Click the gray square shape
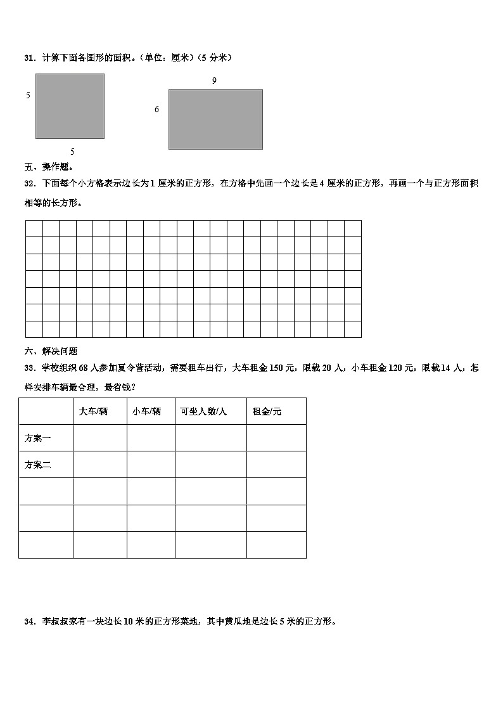pyautogui.click(x=70, y=106)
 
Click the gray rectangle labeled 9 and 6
pyautogui.click(x=215, y=119)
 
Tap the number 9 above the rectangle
pyautogui.click(x=214, y=81)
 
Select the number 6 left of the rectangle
pyautogui.click(x=157, y=110)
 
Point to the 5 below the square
pyautogui.click(x=72, y=152)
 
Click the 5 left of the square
pyautogui.click(x=28, y=96)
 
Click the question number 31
pyautogui.click(x=29, y=58)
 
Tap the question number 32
pyautogui.click(x=29, y=183)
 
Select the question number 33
pyautogui.click(x=29, y=368)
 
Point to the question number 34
pyautogui.click(x=29, y=622)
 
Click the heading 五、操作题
pyautogui.click(x=49, y=167)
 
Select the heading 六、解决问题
pyautogui.click(x=51, y=351)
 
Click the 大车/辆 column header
pyautogui.click(x=93, y=411)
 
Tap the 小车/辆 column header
pyautogui.click(x=146, y=411)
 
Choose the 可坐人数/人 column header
pyautogui.click(x=203, y=411)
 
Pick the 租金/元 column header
pyautogui.click(x=267, y=411)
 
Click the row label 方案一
pyautogui.click(x=37, y=438)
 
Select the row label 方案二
pyautogui.click(x=37, y=465)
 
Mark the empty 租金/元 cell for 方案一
pyautogui.click(x=276, y=438)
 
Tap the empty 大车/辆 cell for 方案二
pyautogui.click(x=99, y=465)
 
